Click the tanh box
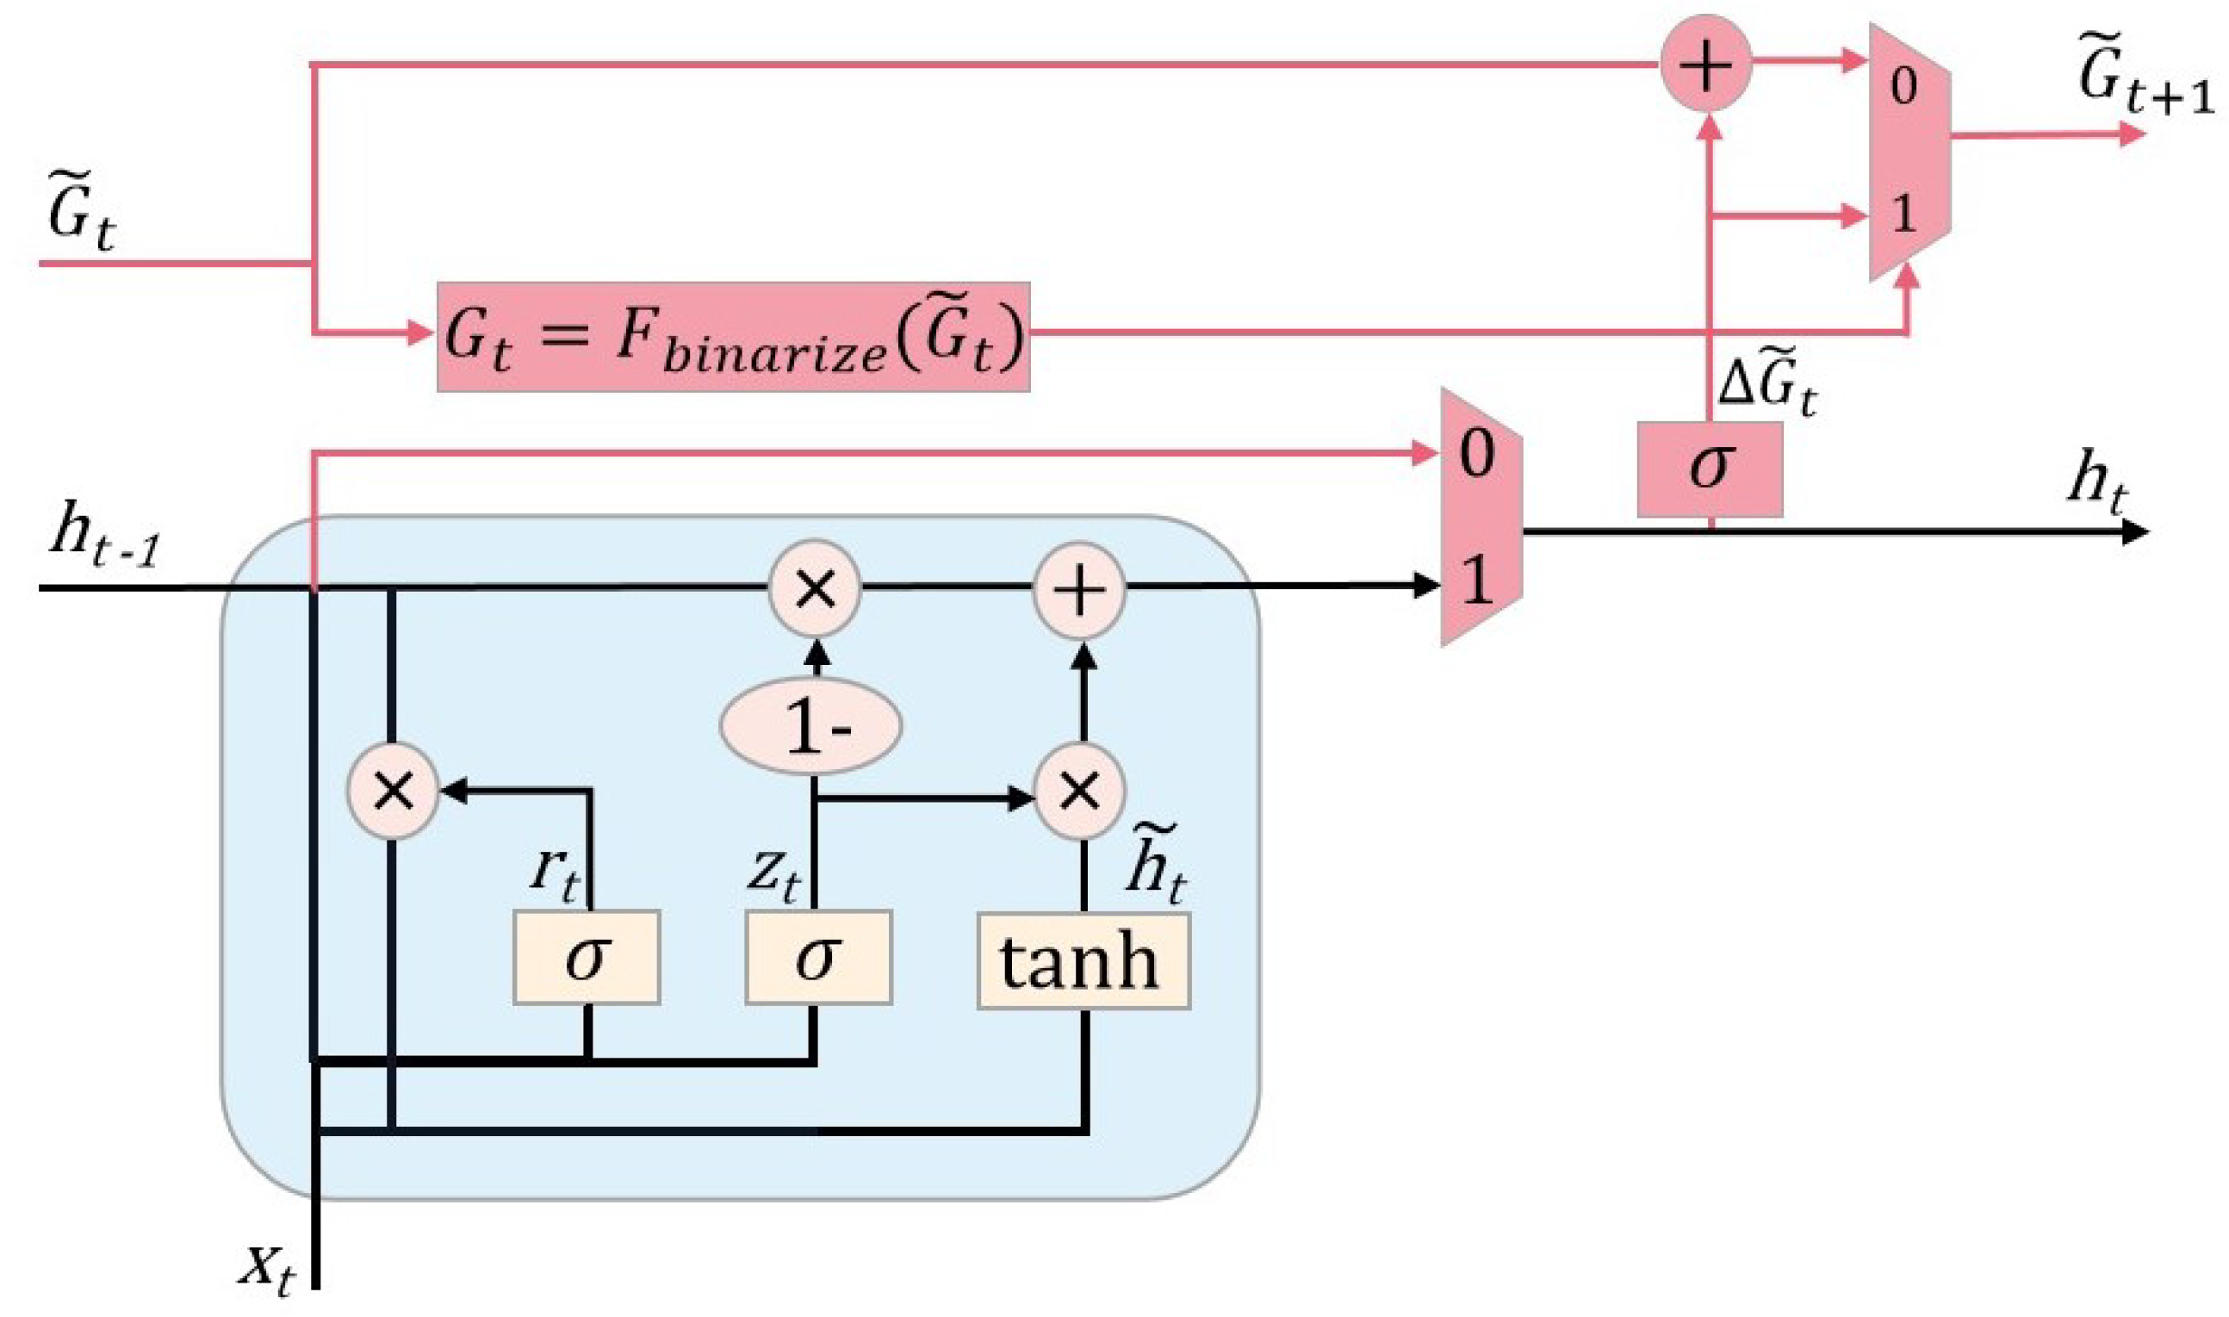[1083, 961]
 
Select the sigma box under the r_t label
[587, 958]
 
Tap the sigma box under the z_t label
[818, 958]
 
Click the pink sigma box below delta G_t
[1709, 469]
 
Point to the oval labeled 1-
[811, 727]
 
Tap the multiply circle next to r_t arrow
[394, 791]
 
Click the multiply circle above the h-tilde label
[1080, 791]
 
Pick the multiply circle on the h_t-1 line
[815, 589]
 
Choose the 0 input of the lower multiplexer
[1475, 455]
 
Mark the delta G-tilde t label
[1766, 387]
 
